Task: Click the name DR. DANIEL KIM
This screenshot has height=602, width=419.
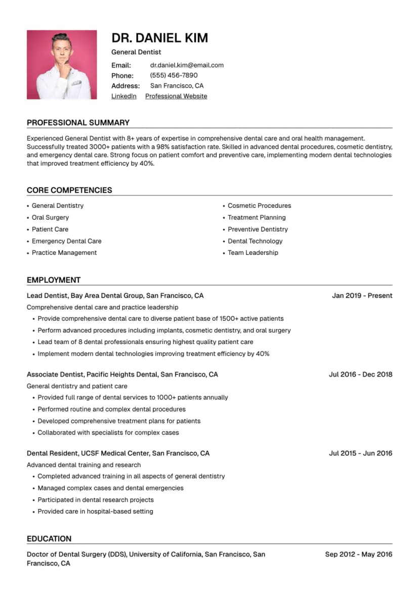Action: tap(159, 38)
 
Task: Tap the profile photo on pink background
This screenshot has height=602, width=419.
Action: tap(62, 65)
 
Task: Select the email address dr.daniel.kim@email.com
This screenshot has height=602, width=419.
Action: tap(187, 65)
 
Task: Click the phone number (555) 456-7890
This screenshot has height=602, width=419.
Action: tap(174, 75)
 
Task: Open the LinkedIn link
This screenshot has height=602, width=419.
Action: tap(124, 96)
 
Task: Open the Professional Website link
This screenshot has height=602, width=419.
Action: tap(176, 96)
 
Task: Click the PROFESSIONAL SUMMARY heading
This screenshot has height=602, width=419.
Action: tap(78, 122)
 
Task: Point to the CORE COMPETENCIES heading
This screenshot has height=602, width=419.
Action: tap(69, 190)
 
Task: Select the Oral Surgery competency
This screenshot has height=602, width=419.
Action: tap(50, 218)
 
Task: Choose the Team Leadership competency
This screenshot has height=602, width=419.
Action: tap(253, 253)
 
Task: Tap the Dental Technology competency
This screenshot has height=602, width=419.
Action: tap(255, 241)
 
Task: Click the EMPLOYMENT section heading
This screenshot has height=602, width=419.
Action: tap(54, 280)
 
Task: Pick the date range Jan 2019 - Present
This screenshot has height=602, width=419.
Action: tap(362, 295)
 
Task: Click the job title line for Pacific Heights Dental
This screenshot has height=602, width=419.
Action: tap(122, 374)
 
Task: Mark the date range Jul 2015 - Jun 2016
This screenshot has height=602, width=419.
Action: tap(360, 453)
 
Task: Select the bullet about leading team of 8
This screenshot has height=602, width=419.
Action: tap(145, 342)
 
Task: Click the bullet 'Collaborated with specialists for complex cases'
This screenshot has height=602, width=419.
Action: tap(108, 433)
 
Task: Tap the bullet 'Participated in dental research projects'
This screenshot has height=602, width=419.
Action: tap(96, 500)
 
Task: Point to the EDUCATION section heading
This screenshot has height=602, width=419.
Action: tap(49, 539)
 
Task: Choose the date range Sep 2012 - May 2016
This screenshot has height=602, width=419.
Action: tap(358, 554)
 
